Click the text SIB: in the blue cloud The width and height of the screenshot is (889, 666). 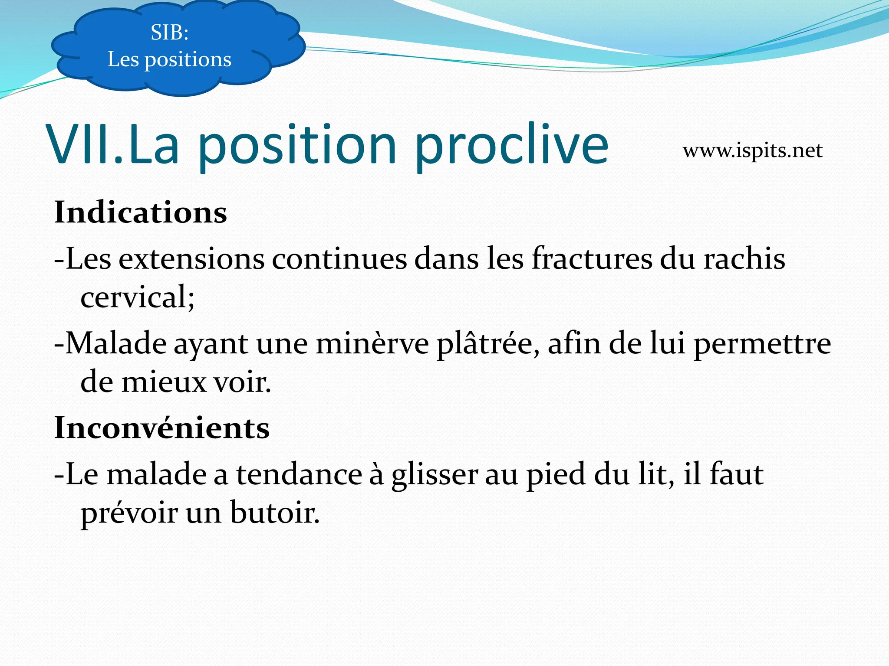coord(169,33)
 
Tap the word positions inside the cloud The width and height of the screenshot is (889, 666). coord(188,60)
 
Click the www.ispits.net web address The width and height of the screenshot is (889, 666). coord(752,151)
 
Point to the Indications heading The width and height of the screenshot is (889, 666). coord(140,212)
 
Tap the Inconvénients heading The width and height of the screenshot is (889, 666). coord(161,428)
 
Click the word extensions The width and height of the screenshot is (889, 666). coord(191,259)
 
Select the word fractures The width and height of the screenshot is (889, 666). coord(592,259)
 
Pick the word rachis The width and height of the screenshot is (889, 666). coord(744,259)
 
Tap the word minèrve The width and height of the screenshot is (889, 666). coord(372,344)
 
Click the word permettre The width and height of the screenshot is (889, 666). coord(761,344)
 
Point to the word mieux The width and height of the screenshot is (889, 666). coord(164,382)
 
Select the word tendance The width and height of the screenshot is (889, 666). coord(299,474)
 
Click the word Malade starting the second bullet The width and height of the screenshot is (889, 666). coord(116,344)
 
